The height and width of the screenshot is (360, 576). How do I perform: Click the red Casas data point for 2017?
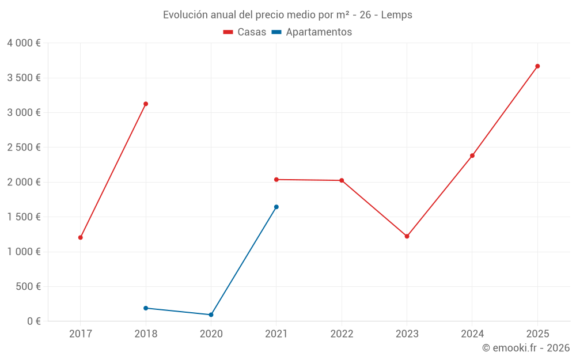pos(81,237)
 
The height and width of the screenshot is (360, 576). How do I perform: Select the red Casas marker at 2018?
pos(146,104)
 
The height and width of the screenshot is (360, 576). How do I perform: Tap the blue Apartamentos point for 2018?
pos(146,308)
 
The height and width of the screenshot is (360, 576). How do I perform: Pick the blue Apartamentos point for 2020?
pos(211,314)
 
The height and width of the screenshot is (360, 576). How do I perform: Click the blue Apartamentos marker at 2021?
pos(276,207)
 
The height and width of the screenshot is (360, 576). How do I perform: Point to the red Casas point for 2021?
pos(276,180)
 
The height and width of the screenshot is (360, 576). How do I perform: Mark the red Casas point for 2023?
pos(407,236)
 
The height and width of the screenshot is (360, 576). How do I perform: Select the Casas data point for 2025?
pos(537,66)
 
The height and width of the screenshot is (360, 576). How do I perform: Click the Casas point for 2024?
pos(472,156)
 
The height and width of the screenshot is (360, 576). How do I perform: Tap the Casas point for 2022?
pos(342,180)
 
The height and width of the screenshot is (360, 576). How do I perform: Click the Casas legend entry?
pos(245,32)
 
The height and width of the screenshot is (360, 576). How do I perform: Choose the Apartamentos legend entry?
pos(312,32)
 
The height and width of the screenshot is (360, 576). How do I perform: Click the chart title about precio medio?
pos(287,15)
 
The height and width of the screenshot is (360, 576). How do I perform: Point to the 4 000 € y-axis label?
pos(24,43)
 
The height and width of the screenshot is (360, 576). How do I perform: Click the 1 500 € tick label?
pos(24,217)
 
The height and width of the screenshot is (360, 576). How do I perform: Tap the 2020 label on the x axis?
pos(211,334)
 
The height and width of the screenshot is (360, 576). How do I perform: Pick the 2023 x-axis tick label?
pos(407,334)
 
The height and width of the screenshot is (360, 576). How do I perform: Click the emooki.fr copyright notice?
pos(525,348)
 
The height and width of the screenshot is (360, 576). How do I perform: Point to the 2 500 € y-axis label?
pos(24,147)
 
